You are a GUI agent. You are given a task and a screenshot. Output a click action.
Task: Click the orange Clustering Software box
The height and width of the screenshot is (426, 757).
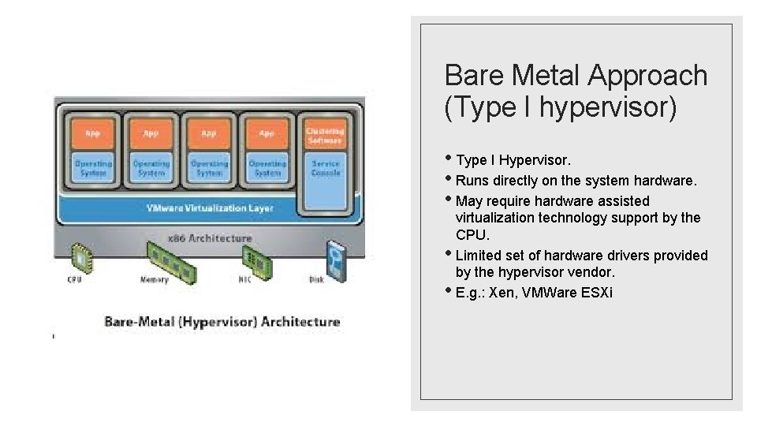325,135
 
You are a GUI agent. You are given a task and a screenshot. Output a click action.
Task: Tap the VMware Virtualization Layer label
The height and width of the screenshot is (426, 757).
210,208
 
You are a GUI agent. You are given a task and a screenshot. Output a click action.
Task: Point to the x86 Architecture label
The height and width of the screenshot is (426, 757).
210,237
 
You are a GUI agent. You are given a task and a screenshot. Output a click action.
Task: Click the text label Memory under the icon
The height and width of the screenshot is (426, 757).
155,279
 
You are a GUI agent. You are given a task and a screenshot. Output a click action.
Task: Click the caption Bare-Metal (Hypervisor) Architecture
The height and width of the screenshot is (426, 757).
222,322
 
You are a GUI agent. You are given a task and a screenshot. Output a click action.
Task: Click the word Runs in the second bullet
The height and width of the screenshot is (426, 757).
473,181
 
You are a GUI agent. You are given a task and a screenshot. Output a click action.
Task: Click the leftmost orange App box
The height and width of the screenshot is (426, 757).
93,134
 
